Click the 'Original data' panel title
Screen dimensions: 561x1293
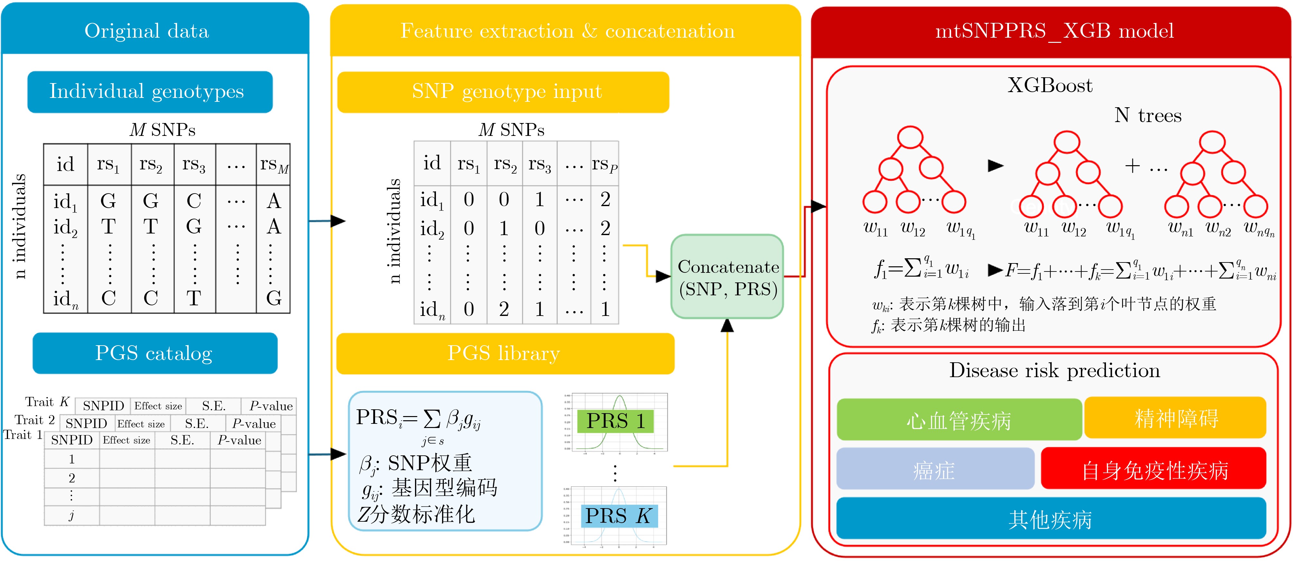click(146, 31)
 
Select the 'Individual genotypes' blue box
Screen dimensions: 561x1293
click(150, 92)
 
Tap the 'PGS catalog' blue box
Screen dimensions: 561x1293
click(155, 353)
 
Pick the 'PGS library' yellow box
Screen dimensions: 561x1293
click(505, 353)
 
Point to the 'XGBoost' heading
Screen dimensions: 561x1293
click(1050, 85)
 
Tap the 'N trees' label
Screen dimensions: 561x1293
click(1148, 116)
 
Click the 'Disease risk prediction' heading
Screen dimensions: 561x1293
click(1054, 371)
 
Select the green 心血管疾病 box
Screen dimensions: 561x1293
click(959, 420)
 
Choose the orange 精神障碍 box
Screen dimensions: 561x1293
click(1175, 418)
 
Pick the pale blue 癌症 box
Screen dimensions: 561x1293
click(935, 469)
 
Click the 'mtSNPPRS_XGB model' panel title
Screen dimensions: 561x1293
click(1054, 31)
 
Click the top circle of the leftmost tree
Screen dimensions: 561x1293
click(910, 137)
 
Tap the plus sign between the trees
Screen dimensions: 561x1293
click(1132, 166)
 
